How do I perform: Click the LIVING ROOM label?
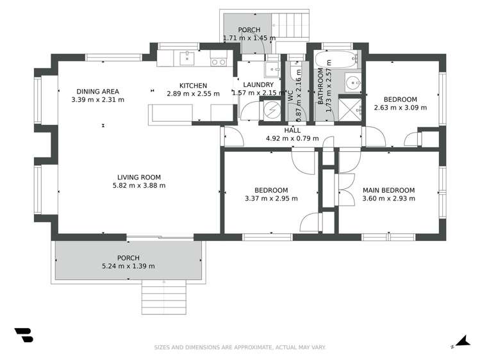tap(139, 177)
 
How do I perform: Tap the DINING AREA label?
tap(97, 92)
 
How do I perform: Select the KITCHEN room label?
tap(193, 86)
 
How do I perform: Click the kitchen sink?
tap(186, 58)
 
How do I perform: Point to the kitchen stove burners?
tap(219, 62)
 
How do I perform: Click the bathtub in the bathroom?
tap(336, 59)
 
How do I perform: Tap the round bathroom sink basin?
tap(354, 82)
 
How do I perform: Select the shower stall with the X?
tap(350, 110)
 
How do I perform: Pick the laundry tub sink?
tap(272, 70)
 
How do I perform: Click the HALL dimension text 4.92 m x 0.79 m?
tap(292, 138)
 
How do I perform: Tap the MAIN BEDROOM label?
tap(389, 190)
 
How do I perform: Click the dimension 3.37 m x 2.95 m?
tap(271, 199)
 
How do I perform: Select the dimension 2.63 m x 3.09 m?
tap(401, 108)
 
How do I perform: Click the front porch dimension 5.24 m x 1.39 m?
tap(128, 266)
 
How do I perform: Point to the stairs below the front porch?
tap(164, 297)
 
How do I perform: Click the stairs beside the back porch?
tap(290, 27)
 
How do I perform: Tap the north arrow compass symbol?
tap(462, 341)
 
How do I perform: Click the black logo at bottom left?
tap(24, 335)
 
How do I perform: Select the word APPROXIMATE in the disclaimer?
tap(252, 347)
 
